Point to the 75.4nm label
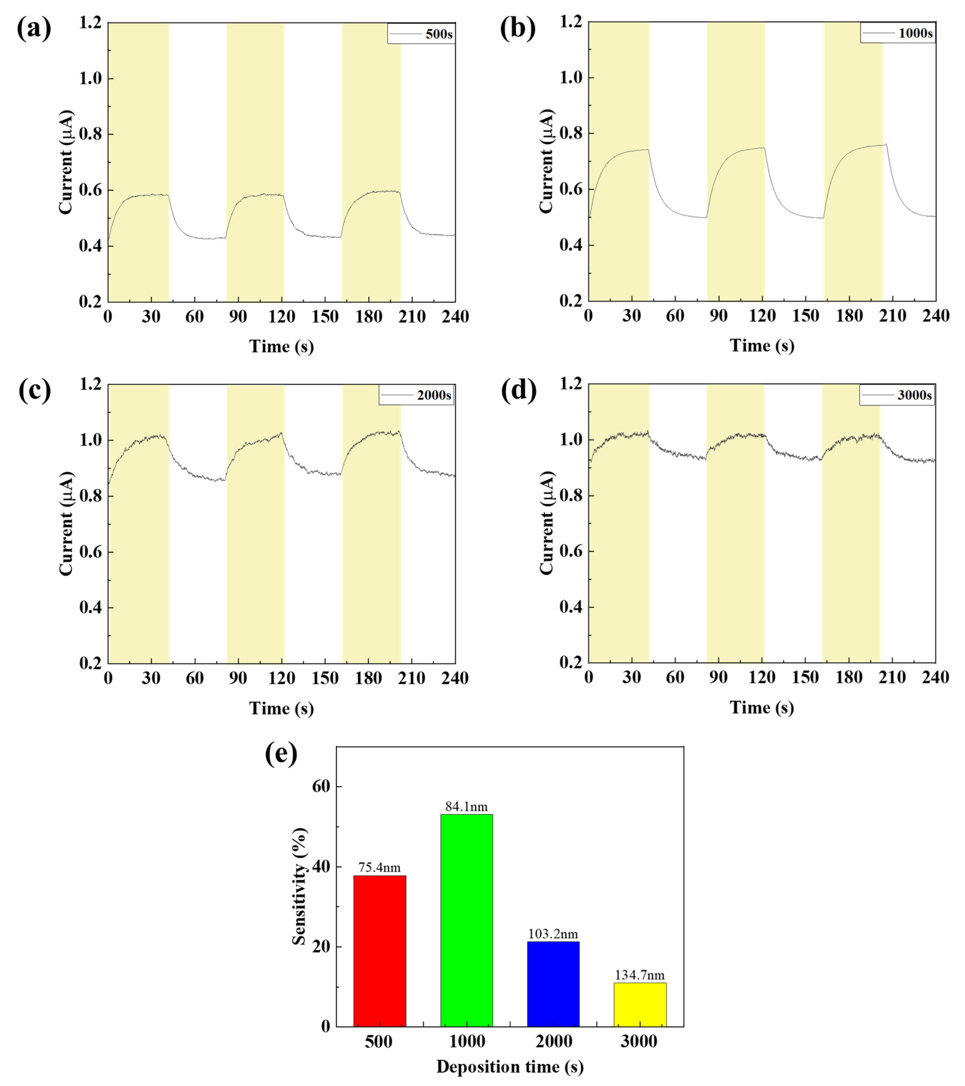coord(379,868)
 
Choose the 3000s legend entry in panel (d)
coord(897,395)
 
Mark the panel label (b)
coord(518,29)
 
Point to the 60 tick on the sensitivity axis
coord(318,786)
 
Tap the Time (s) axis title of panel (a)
coord(281,346)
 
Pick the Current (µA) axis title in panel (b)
coord(547,162)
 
